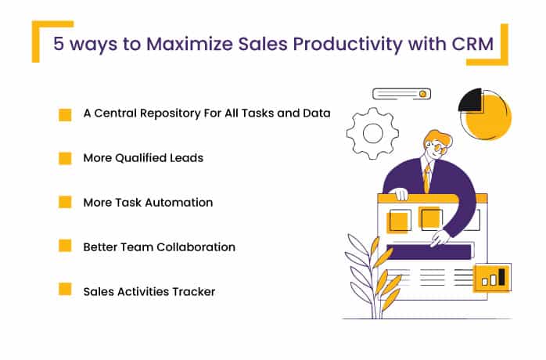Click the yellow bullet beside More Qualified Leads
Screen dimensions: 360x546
[66, 158]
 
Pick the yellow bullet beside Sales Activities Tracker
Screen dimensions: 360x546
[66, 290]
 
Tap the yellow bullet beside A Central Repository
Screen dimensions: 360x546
[66, 114]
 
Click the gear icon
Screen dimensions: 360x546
[372, 134]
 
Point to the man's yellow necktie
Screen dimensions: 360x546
[426, 179]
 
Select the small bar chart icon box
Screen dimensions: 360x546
[493, 276]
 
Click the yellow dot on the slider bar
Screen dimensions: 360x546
[422, 94]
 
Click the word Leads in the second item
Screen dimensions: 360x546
[187, 158]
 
